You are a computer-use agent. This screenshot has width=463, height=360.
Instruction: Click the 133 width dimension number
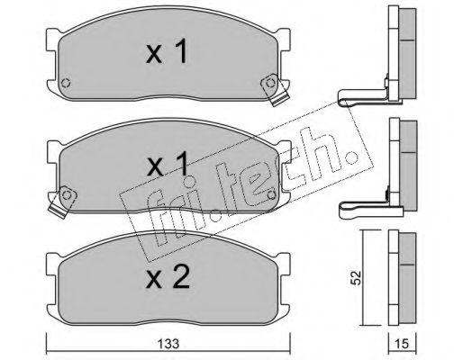click(168, 344)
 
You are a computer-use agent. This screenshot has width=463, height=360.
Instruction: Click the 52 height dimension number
click(357, 278)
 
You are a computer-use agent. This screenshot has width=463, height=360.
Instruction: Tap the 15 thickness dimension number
click(402, 344)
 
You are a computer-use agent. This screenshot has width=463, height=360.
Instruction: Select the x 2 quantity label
click(168, 277)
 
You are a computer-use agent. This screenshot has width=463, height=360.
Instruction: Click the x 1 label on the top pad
click(167, 51)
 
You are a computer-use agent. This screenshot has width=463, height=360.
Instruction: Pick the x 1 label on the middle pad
click(167, 165)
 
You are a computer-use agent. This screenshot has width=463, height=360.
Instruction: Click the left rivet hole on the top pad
click(66, 83)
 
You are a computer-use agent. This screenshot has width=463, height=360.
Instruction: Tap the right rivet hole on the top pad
click(270, 83)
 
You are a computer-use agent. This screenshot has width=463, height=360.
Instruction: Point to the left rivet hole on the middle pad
click(67, 195)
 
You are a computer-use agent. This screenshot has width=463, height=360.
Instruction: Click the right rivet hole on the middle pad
click(272, 195)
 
